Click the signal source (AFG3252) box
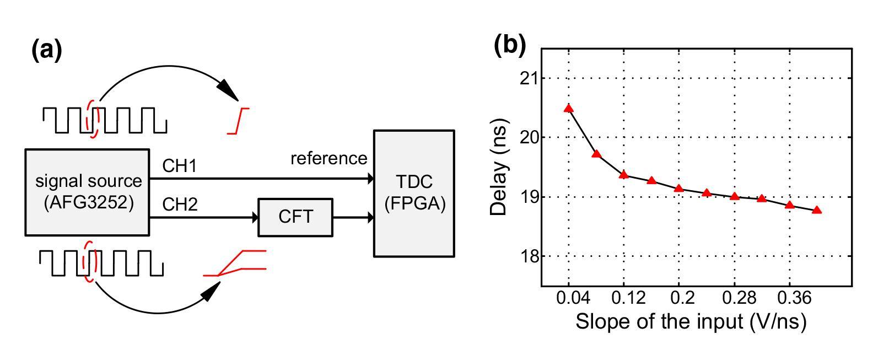coord(87,192)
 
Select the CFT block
coord(295,217)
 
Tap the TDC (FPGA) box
coord(414,193)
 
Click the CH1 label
coord(179,166)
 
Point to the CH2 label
coord(180,205)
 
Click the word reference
coord(328,159)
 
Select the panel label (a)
coord(47,50)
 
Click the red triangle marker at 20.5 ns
coord(569,109)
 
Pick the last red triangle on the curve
coord(817,210)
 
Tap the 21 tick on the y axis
coord(530,78)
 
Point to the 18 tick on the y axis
coord(530,256)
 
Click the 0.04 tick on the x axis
coord(569,298)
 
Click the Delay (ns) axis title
coord(499,167)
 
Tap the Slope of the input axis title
coord(691,321)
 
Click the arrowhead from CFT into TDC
coord(370,217)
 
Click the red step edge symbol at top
coord(239,121)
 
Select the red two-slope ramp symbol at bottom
coord(236,264)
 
